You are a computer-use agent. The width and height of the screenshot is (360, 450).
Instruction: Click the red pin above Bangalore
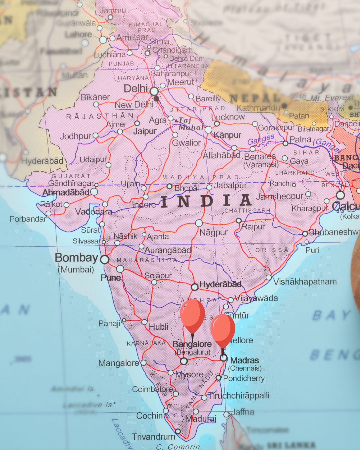click(x=192, y=315)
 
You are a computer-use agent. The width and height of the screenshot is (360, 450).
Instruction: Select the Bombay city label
click(x=76, y=258)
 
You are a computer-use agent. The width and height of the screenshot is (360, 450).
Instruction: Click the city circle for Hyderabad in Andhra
click(x=195, y=287)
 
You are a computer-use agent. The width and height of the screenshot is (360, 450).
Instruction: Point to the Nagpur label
click(x=213, y=232)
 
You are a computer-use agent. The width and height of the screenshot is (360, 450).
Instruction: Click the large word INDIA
click(x=206, y=201)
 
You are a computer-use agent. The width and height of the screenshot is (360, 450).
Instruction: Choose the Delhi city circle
click(x=154, y=91)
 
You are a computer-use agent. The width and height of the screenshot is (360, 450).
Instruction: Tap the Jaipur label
click(x=145, y=131)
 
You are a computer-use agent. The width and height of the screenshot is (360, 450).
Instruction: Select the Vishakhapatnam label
click(x=305, y=282)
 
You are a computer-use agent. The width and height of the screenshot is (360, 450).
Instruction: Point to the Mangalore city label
click(x=118, y=363)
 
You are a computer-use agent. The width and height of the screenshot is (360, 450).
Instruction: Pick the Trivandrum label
click(x=153, y=437)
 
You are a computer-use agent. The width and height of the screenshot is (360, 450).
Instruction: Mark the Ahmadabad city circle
click(x=94, y=192)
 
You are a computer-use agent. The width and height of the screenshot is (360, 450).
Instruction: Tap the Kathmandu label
click(x=258, y=108)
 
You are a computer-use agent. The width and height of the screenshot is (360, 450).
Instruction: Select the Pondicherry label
click(x=244, y=378)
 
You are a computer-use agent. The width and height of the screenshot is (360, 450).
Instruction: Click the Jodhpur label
click(x=76, y=136)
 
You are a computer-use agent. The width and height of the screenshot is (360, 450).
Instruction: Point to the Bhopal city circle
click(x=170, y=187)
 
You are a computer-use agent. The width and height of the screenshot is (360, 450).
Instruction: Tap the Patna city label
click(x=300, y=139)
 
